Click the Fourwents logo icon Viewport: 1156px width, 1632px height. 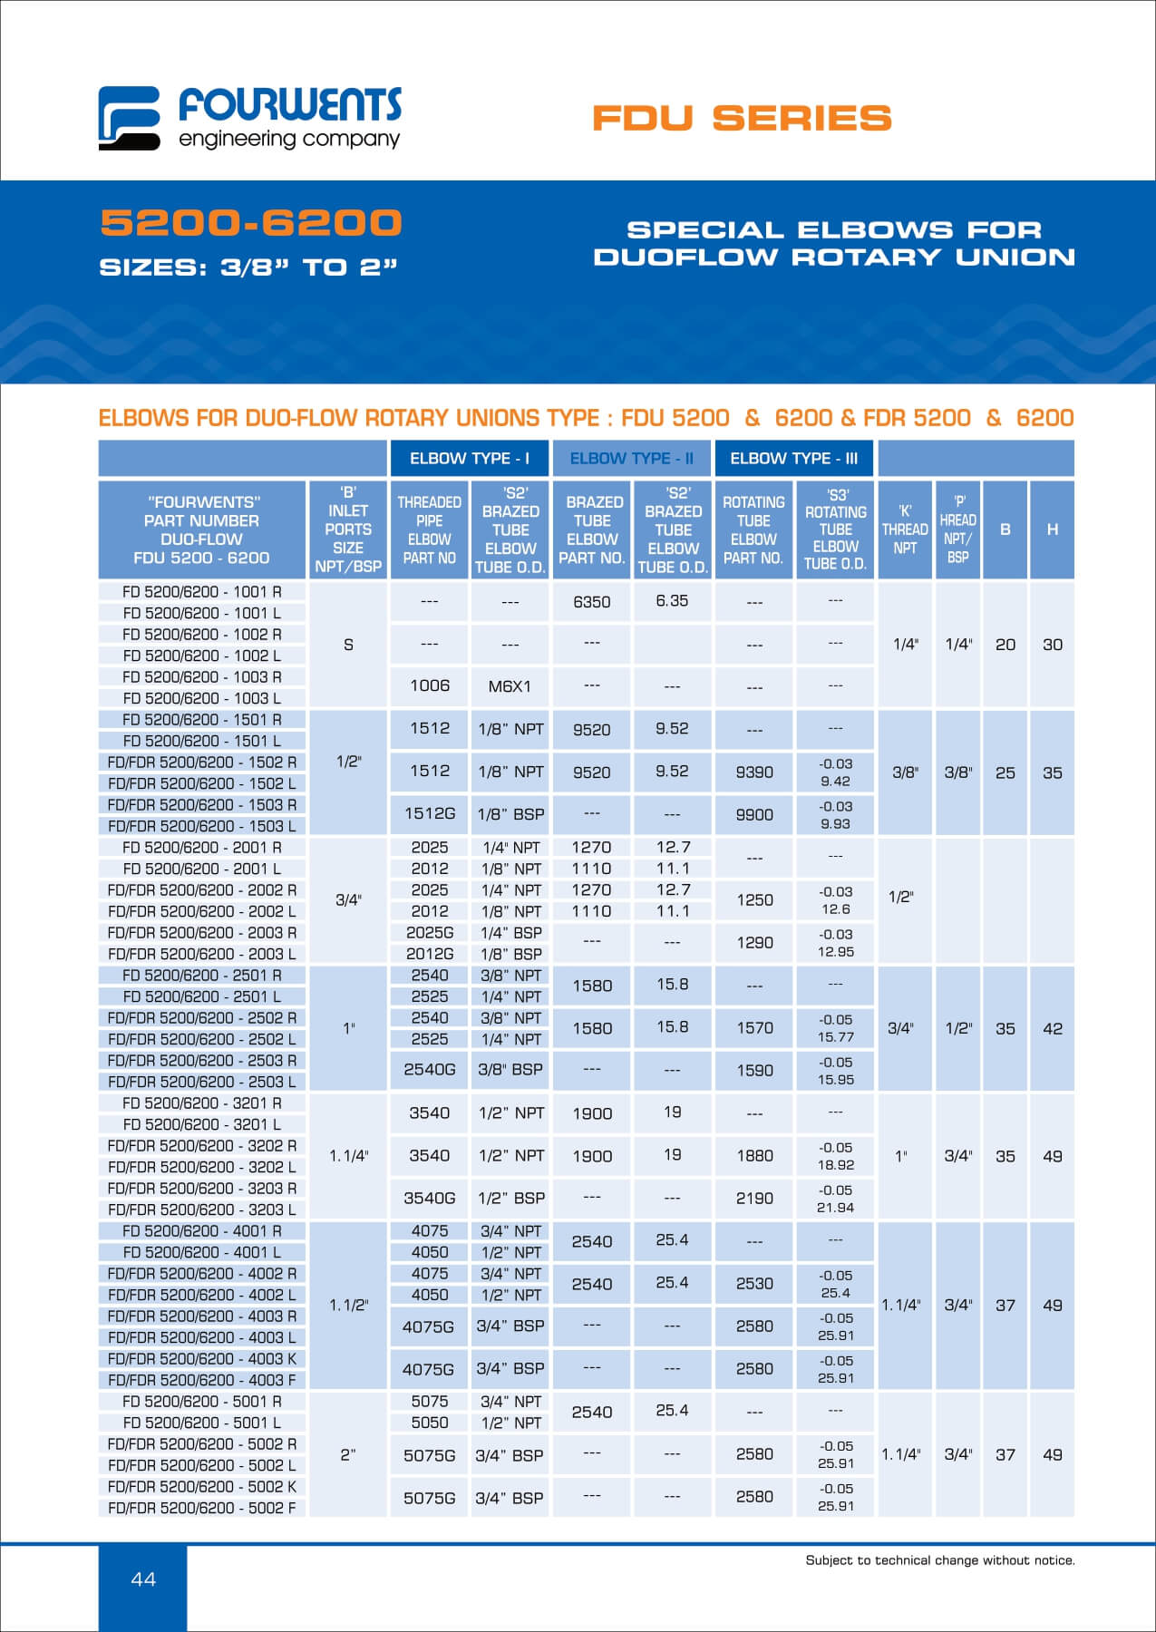129,118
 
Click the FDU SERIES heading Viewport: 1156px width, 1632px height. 742,118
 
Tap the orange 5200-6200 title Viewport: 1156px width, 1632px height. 251,223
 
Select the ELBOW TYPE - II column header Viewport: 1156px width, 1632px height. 631,459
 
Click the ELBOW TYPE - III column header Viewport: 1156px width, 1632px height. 793,459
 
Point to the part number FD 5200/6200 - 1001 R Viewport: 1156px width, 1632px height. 202,592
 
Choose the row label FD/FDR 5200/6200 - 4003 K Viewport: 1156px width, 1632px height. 202,1358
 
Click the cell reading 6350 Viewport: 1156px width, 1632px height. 592,602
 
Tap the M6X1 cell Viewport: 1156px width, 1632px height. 510,686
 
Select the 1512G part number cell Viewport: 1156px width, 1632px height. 430,814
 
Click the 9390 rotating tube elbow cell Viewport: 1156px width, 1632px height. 754,772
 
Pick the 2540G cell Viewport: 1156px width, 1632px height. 430,1070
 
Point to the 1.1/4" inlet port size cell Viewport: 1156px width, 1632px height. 349,1156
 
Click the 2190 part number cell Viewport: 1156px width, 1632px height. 754,1199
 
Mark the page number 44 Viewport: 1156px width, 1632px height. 143,1579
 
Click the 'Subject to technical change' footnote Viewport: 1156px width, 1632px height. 940,1560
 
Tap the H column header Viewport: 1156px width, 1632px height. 1052,529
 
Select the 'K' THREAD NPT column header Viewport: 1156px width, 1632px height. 905,529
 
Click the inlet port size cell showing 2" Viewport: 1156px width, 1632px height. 349,1454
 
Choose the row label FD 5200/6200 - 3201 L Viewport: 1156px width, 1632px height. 202,1124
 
